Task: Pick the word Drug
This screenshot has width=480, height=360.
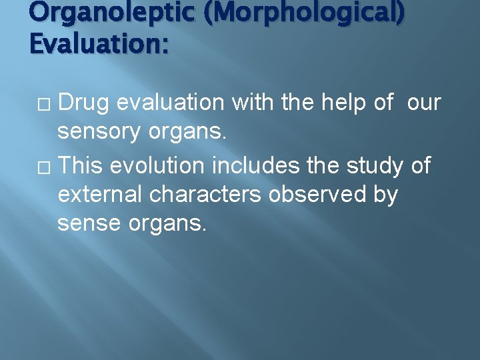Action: [x=85, y=103]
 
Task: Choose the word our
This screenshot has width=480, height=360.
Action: [x=423, y=103]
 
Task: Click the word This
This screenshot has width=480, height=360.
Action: [x=81, y=165]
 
